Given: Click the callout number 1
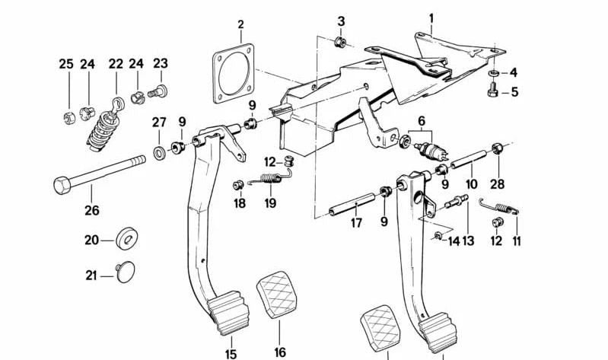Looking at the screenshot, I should pyautogui.click(x=431, y=18).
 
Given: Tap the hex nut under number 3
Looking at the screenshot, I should pyautogui.click(x=342, y=41).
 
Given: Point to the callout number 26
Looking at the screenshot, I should pyautogui.click(x=92, y=212).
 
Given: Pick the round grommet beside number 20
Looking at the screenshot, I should pyautogui.click(x=126, y=239).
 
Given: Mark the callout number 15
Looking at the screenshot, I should pyautogui.click(x=231, y=354).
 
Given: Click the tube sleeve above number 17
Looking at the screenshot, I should pyautogui.click(x=351, y=205).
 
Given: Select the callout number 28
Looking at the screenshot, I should pyautogui.click(x=498, y=183).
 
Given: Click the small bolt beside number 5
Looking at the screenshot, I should pyautogui.click(x=491, y=92).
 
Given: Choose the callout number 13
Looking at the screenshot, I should pyautogui.click(x=467, y=241).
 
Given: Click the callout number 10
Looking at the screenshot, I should pyautogui.click(x=471, y=183).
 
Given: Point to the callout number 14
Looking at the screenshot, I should pyautogui.click(x=453, y=241).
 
